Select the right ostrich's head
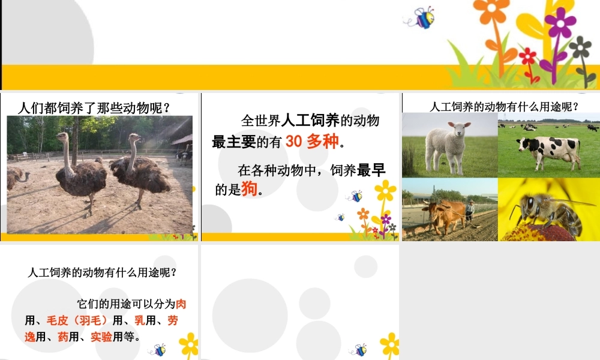point(133,137)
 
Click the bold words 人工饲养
point(311,120)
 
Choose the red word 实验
point(101,336)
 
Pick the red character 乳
point(139,320)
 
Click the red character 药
point(62,336)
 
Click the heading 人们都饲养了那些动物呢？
point(94,108)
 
